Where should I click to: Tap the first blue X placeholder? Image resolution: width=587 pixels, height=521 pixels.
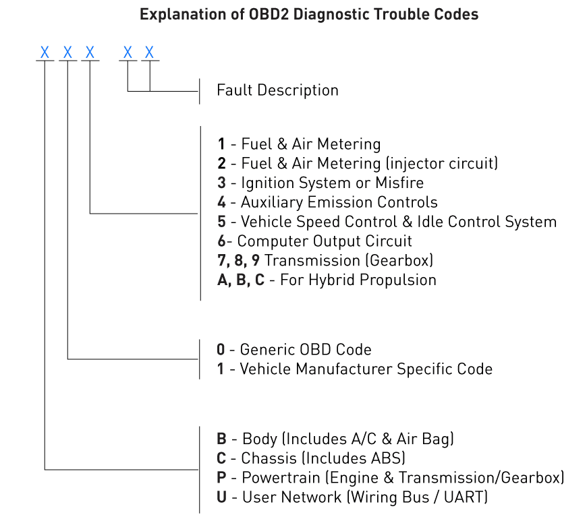pos(45,52)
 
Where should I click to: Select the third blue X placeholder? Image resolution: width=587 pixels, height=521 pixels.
pos(90,52)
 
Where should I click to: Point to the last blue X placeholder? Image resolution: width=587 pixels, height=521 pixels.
pos(150,52)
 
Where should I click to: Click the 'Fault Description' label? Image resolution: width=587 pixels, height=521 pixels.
pos(277,90)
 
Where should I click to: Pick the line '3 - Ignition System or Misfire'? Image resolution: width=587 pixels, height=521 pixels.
pos(320,183)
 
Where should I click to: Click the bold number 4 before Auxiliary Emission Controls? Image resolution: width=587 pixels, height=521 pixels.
pos(221,202)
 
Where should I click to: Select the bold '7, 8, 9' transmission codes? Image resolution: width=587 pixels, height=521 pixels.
pos(238,260)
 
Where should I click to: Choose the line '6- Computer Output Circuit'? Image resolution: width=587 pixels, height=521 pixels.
pos(314,241)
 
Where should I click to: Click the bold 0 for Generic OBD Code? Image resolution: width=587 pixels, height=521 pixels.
pos(221,349)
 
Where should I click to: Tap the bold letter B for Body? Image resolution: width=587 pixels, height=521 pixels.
pos(221,439)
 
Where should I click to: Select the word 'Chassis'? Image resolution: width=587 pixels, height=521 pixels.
pos(269,458)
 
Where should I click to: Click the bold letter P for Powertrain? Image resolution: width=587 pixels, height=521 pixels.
pos(221,478)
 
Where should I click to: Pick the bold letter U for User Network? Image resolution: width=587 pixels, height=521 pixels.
pos(221,497)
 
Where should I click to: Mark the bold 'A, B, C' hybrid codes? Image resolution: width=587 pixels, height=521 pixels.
pos(241,280)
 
